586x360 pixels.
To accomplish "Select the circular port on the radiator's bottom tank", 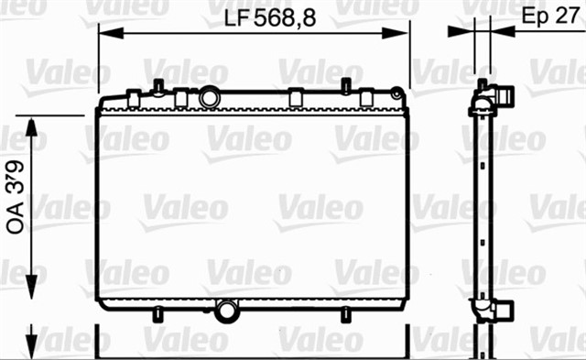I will tap(224, 311).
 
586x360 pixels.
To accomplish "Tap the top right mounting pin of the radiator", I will tap(346, 87).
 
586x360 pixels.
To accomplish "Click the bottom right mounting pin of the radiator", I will tap(346, 314).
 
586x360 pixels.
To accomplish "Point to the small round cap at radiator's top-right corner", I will tap(396, 93).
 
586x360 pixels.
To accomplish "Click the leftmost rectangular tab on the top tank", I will tap(135, 97).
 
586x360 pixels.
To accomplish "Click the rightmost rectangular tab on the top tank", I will tap(366, 97).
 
